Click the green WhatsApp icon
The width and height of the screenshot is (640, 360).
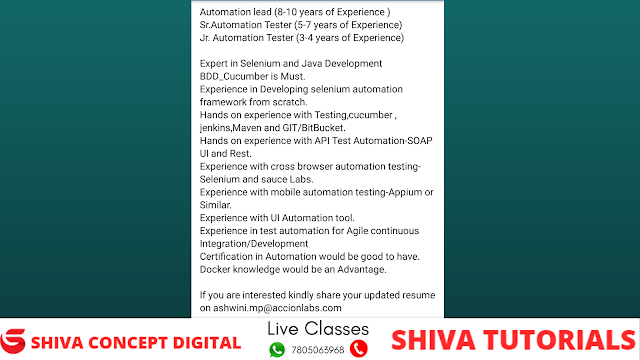tap(277, 350)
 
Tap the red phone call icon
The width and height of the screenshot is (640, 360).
tap(359, 349)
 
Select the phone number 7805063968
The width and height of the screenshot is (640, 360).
tap(318, 350)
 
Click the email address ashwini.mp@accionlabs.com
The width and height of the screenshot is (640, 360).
tap(277, 308)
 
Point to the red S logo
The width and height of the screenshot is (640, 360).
tap(13, 341)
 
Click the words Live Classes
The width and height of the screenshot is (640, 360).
tap(318, 329)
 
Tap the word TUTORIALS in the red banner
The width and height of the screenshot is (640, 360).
tap(560, 340)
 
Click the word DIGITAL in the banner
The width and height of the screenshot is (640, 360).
tap(207, 343)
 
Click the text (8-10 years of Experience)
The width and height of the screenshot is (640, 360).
tap(332, 12)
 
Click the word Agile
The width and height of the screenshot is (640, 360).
tap(357, 231)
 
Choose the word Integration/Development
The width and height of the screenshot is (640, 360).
tap(254, 244)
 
